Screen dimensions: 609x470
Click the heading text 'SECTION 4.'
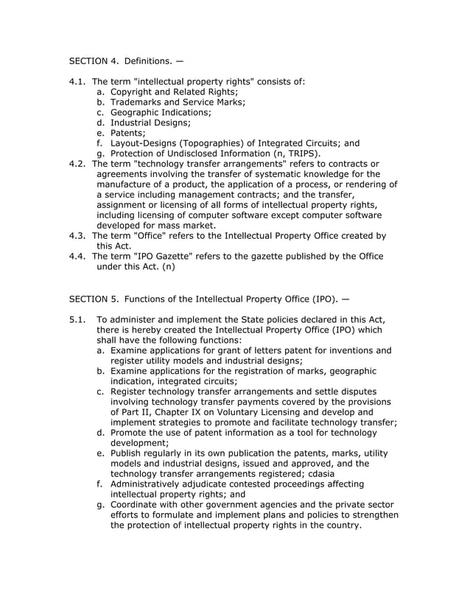[x=94, y=58]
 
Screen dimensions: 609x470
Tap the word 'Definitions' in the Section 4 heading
[x=149, y=58]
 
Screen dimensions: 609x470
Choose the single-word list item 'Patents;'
[x=128, y=133]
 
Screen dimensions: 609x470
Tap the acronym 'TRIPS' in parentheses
[x=298, y=153]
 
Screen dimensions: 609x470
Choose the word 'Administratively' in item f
[x=151, y=484]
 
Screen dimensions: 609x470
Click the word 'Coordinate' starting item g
[x=137, y=504]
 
